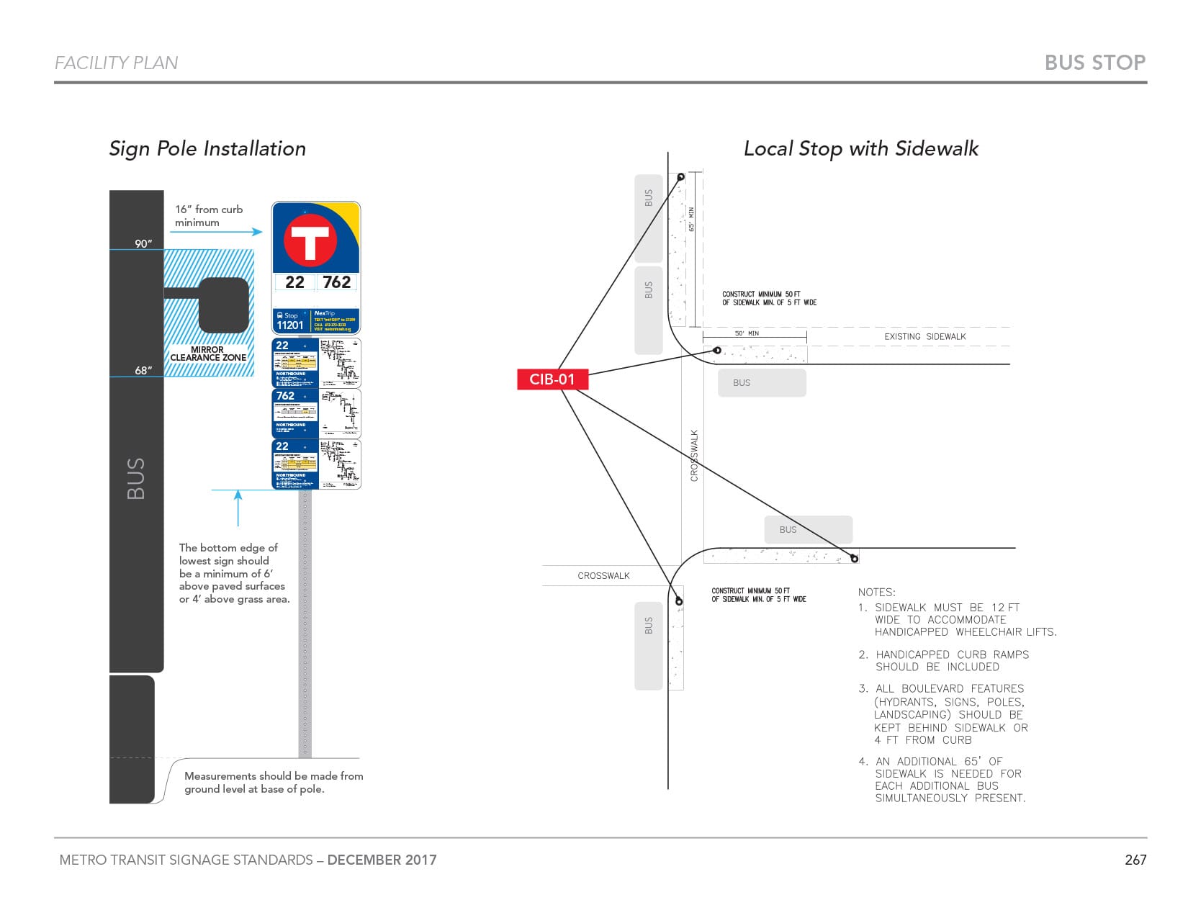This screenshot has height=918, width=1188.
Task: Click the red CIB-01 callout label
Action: (552, 379)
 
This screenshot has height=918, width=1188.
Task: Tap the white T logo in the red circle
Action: (310, 241)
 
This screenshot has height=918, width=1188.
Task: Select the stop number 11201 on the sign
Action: (290, 325)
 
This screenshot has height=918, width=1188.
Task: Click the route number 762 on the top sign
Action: (337, 282)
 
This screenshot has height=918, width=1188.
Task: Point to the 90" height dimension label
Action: (143, 243)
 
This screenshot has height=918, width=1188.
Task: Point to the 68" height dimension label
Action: (143, 370)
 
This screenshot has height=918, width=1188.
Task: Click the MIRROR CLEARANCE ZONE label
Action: (208, 354)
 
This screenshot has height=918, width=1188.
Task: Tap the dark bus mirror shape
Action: (223, 305)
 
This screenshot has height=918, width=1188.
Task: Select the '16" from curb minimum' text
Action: (208, 215)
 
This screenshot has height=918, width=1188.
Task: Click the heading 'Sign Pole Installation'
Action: (207, 148)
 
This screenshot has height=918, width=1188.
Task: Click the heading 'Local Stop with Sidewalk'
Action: (860, 148)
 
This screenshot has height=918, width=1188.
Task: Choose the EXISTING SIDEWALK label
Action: (924, 336)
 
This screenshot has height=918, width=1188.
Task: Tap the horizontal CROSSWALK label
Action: (603, 575)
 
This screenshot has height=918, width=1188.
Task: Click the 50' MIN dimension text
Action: (747, 333)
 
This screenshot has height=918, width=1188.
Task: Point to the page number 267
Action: (1135, 860)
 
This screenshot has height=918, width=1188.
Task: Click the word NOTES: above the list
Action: (876, 592)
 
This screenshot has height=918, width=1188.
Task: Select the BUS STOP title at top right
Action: (1094, 63)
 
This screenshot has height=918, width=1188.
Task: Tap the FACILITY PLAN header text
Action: (116, 63)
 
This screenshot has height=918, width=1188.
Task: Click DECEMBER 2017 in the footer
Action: (382, 860)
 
